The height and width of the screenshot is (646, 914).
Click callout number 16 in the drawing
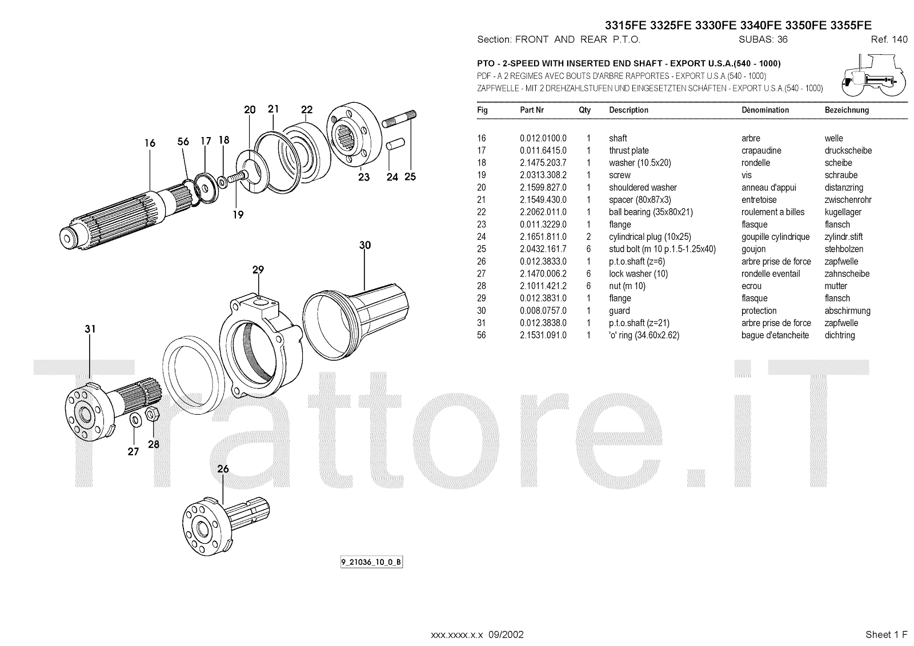(x=150, y=143)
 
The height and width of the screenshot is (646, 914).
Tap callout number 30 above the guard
(x=365, y=245)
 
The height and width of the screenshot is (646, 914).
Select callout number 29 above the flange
(x=258, y=270)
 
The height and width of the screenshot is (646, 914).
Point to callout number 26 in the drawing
(x=223, y=468)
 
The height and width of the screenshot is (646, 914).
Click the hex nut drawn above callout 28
(x=153, y=414)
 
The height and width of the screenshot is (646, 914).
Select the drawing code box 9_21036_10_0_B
(x=371, y=562)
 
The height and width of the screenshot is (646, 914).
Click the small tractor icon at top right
(x=873, y=76)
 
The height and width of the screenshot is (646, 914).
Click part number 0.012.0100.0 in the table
(x=543, y=138)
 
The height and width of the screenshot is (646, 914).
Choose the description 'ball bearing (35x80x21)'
(x=651, y=212)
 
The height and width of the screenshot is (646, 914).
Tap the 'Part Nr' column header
(x=531, y=110)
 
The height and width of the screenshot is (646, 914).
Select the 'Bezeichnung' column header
(x=847, y=110)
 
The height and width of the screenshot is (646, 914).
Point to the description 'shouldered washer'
(x=643, y=187)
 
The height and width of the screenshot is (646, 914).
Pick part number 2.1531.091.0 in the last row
(x=543, y=335)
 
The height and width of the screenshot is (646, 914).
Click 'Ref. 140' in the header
(x=889, y=39)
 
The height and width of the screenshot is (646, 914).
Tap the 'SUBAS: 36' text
(x=763, y=39)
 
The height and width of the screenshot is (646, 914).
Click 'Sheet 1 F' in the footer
(x=886, y=635)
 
